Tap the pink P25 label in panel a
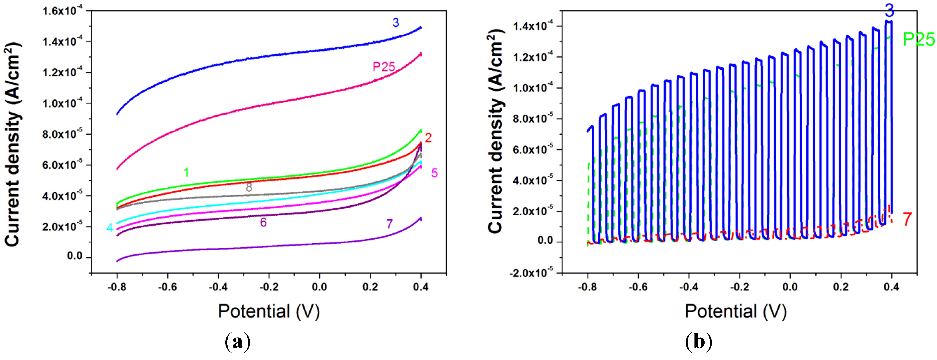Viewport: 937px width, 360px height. click(x=384, y=67)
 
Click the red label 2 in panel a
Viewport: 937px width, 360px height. click(x=428, y=138)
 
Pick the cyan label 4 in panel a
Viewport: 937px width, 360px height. click(x=109, y=228)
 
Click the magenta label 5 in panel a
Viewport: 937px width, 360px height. click(x=434, y=173)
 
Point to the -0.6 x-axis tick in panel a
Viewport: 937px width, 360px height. click(x=168, y=287)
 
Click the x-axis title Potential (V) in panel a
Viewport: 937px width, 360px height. click(x=269, y=311)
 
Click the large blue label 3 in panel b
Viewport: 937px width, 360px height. click(x=889, y=10)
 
